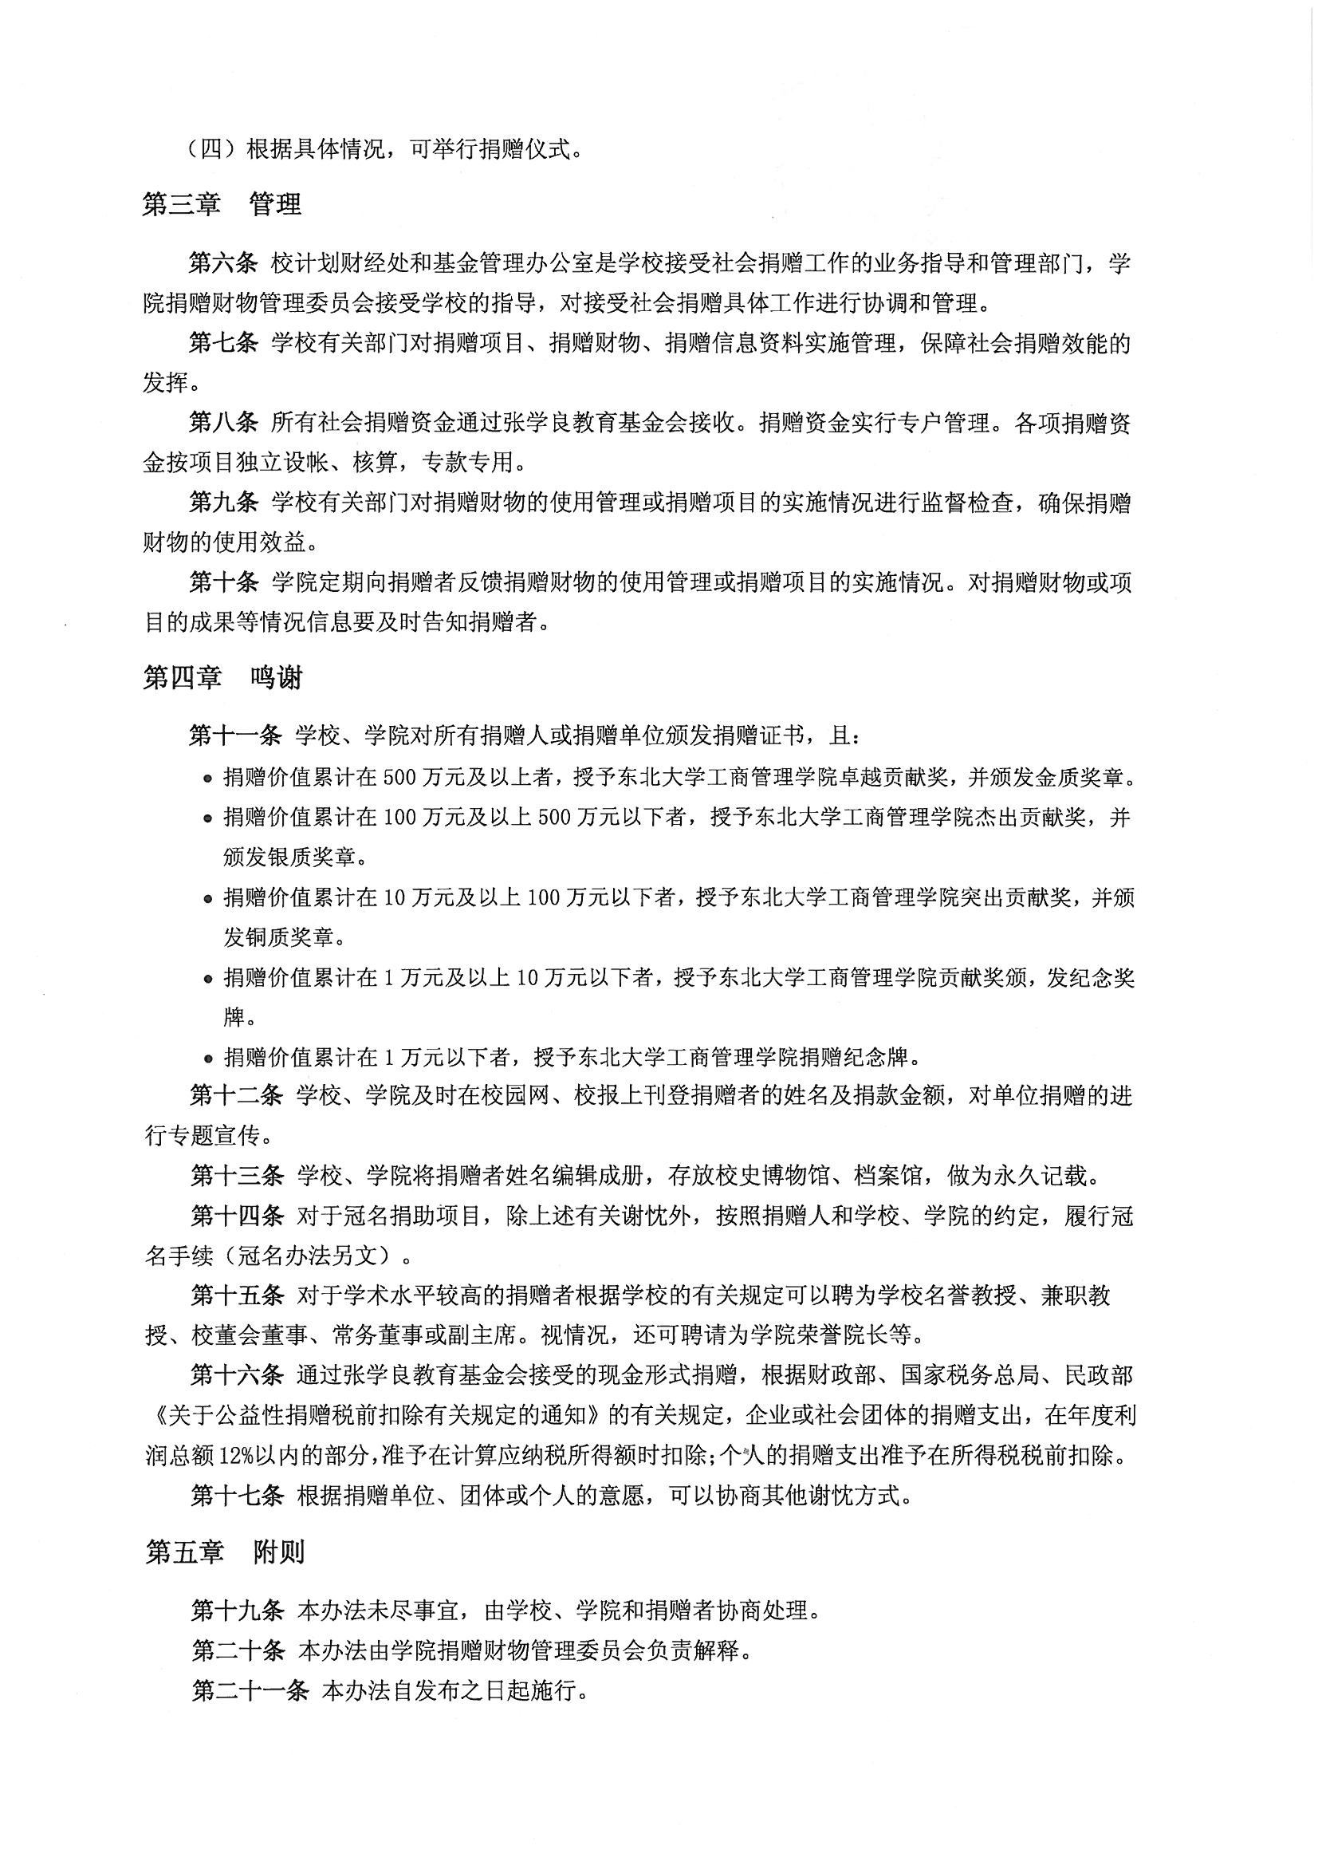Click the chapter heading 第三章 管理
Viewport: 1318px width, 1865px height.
[222, 204]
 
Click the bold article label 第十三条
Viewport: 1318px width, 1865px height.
[236, 1175]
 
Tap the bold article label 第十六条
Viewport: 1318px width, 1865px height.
[236, 1374]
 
